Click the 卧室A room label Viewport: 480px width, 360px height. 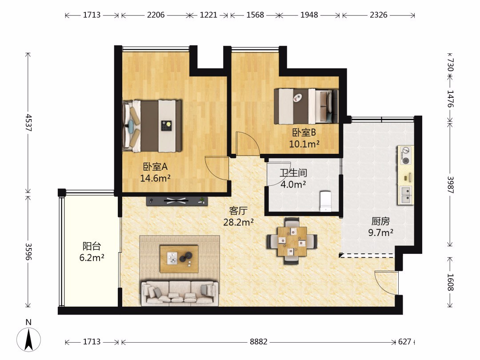pyautogui.click(x=155, y=167)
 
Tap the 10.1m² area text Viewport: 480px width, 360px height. pyautogui.click(x=304, y=144)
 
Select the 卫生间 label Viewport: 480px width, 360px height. pyautogui.click(x=293, y=173)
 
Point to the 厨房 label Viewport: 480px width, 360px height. pyautogui.click(x=380, y=221)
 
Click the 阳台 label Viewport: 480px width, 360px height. pyautogui.click(x=92, y=246)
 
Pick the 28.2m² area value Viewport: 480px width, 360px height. pyautogui.click(x=238, y=222)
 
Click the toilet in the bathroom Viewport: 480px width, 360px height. pyautogui.click(x=325, y=201)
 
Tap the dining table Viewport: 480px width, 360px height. pyautogui.click(x=292, y=241)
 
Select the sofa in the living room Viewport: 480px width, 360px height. pyautogui.click(x=180, y=293)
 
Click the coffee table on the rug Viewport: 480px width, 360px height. pyautogui.click(x=179, y=259)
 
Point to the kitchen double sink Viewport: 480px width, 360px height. pyautogui.click(x=406, y=195)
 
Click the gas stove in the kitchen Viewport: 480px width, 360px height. pyautogui.click(x=406, y=156)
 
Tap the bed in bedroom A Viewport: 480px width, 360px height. pyautogui.click(x=152, y=126)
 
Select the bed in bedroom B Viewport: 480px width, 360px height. pyautogui.click(x=306, y=106)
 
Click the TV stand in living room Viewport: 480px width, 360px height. pyautogui.click(x=177, y=201)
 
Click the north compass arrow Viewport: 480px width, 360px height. pyautogui.click(x=29, y=339)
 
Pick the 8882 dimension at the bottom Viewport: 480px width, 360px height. pyautogui.click(x=259, y=342)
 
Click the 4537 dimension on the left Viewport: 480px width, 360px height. pyautogui.click(x=28, y=123)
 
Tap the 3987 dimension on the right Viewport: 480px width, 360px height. pyautogui.click(x=450, y=184)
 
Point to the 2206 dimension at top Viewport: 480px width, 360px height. pyautogui.click(x=156, y=15)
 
